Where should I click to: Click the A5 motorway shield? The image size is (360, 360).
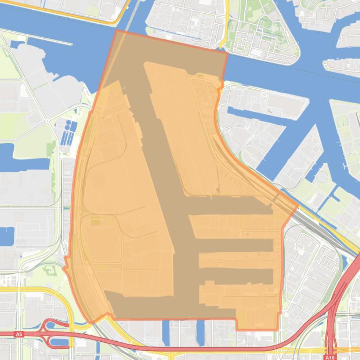pyautogui.click(x=19, y=334)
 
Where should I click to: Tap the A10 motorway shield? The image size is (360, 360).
pyautogui.click(x=330, y=357)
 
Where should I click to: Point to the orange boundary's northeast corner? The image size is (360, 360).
pyautogui.click(x=228, y=53)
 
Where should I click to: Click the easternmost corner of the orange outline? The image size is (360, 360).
pyautogui.click(x=298, y=205)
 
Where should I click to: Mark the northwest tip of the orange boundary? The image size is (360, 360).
pyautogui.click(x=116, y=30)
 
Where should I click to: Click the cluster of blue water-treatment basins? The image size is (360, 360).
pyautogui.click(x=68, y=133)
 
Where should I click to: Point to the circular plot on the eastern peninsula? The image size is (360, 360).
pyautogui.click(x=323, y=177)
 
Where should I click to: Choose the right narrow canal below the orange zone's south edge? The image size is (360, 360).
pyautogui.click(x=201, y=332)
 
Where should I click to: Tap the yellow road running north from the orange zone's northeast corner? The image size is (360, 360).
pyautogui.click(x=227, y=23)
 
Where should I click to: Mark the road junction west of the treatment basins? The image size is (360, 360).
pyautogui.click(x=48, y=121)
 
